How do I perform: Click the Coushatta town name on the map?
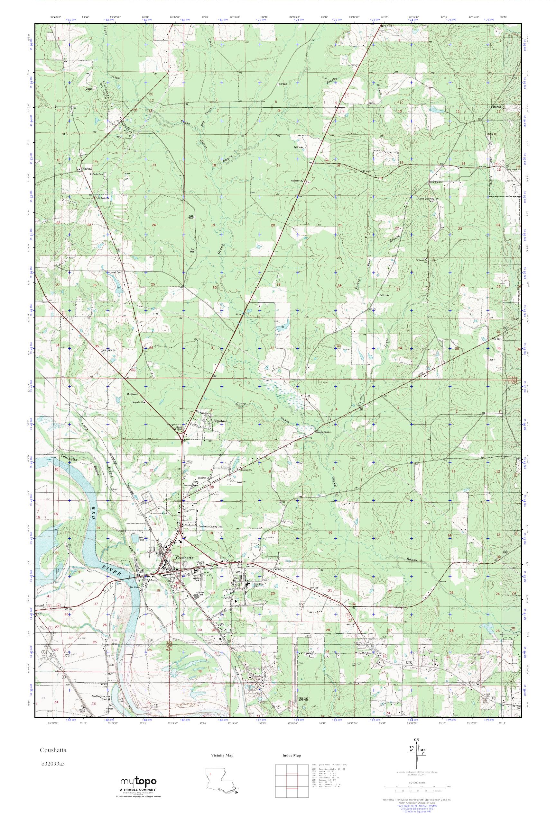click(185, 558)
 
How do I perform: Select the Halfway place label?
click(87, 169)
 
